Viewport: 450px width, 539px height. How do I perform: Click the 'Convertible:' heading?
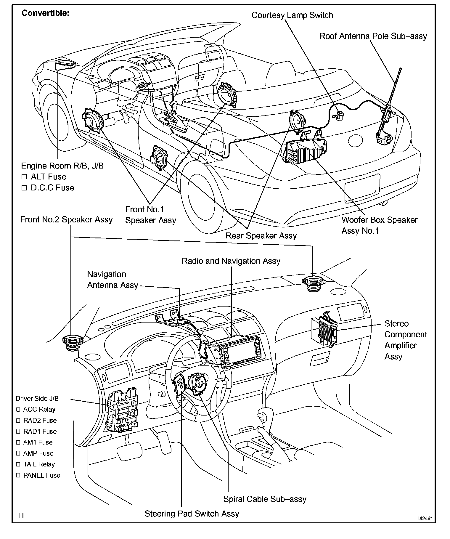(46, 13)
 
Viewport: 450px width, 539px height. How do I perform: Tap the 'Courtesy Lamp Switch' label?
(292, 15)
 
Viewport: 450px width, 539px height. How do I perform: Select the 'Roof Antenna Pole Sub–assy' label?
(373, 36)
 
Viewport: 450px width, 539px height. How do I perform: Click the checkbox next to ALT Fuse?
(24, 177)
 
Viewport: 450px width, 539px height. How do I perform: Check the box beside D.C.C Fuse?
(24, 188)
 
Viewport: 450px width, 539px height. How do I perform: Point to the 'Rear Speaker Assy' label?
(261, 236)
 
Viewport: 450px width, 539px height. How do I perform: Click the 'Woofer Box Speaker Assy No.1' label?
(379, 225)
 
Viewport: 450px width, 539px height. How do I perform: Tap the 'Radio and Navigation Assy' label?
(231, 261)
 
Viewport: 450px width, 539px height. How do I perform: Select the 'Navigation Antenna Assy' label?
(112, 280)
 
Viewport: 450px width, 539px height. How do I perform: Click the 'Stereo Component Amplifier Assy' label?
(406, 340)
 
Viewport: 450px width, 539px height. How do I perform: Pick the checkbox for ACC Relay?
(18, 410)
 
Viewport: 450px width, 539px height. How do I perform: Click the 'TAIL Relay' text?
(39, 464)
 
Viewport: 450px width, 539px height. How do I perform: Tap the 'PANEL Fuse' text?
(42, 475)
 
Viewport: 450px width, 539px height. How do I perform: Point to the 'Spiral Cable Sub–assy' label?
(265, 499)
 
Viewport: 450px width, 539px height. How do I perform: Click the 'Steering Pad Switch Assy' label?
(192, 514)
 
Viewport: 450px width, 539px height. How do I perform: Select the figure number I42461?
(425, 519)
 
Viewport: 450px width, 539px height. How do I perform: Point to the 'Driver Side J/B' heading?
(33, 399)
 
